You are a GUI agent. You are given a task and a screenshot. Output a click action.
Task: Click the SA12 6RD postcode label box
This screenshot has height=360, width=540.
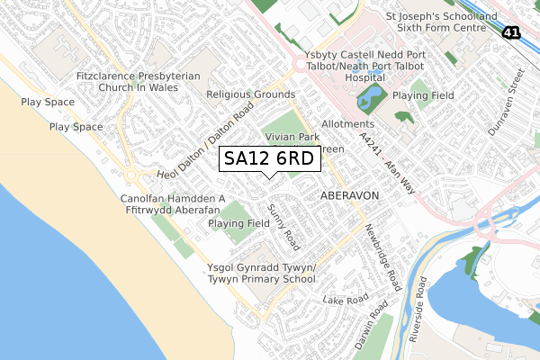[268, 159]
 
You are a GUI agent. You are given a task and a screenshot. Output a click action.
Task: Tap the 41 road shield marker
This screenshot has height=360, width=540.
[511, 32]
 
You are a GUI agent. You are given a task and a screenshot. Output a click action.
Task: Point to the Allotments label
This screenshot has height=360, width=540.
[347, 123]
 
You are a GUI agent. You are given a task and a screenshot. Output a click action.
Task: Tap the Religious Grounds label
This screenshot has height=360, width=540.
[250, 94]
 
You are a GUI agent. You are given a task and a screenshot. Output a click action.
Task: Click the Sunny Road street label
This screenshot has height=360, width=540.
[283, 226]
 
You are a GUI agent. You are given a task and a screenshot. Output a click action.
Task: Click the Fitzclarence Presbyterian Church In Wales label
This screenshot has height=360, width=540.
[139, 84]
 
